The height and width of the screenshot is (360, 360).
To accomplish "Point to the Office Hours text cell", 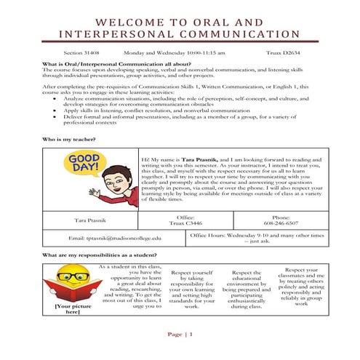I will (x=255, y=238).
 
